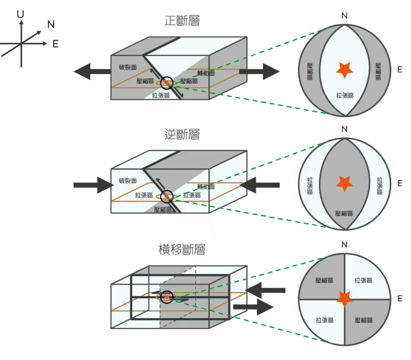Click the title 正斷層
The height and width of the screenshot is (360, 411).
coord(182,21)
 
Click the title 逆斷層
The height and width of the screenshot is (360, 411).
coord(182,134)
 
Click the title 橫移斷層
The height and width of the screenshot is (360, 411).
coord(182,250)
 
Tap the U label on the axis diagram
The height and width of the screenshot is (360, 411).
coord(21,14)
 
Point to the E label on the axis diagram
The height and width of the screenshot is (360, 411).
coord(56,44)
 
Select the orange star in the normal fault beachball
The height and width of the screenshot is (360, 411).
coord(344,70)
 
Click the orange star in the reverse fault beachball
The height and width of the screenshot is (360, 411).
coord(344,183)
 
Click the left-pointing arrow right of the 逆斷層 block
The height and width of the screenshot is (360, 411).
coord(261,185)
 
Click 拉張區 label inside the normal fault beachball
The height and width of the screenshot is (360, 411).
coord(344,95)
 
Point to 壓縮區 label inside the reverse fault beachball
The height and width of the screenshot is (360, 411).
coord(344,213)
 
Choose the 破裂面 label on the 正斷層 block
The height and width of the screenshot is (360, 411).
coord(127,67)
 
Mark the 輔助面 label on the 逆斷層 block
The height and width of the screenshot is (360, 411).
coord(206,186)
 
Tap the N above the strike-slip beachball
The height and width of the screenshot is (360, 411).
coord(344,244)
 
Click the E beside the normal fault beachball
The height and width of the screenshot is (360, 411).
coord(400,70)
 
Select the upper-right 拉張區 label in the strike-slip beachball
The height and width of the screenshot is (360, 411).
coord(363,281)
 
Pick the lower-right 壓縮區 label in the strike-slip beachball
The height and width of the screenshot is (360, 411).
coord(363,320)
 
